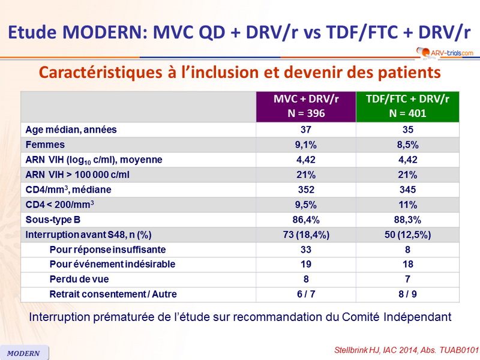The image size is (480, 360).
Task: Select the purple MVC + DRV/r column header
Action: point(306,107)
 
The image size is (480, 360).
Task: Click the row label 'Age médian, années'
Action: point(71,130)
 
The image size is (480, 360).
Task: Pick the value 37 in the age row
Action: point(306,130)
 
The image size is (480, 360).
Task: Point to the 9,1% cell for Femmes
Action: point(306,145)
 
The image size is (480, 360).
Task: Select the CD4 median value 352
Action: point(306,190)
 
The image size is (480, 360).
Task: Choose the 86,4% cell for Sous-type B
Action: point(306,220)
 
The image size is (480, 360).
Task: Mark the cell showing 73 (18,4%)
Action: point(306,235)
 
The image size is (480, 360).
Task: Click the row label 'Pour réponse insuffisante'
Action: point(108,250)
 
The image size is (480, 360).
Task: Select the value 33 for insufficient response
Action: point(306,250)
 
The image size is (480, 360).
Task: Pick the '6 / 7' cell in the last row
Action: point(306,295)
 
